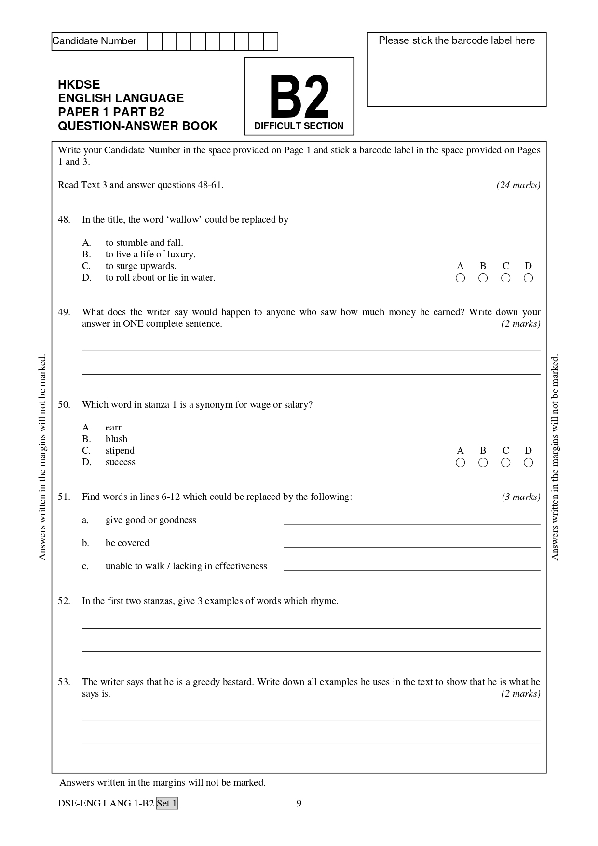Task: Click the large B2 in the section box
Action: (299, 97)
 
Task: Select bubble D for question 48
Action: (528, 278)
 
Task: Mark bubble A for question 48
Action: (460, 278)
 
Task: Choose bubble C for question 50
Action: (505, 463)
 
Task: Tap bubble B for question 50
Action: (483, 463)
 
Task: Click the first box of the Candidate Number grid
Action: (155, 41)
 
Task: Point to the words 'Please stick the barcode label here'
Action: (456, 40)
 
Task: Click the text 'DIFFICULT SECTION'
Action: (299, 126)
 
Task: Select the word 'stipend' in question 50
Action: (120, 451)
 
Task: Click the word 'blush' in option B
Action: (116, 439)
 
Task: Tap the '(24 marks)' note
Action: (518, 185)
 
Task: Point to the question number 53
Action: (64, 682)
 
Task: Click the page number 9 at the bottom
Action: (299, 803)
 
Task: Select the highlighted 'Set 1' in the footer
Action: (167, 804)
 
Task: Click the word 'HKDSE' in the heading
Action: (79, 85)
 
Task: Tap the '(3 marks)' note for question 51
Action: (521, 497)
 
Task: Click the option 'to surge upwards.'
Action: (141, 266)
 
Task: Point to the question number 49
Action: (64, 312)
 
